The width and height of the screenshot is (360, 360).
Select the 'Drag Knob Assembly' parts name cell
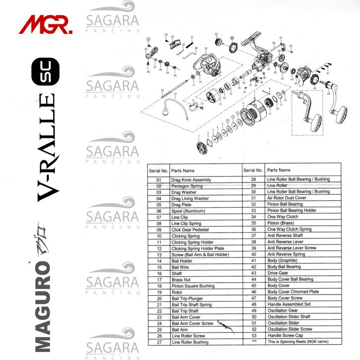(191, 180)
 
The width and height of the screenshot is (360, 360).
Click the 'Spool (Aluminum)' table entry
(184, 211)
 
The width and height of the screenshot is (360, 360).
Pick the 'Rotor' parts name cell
(177, 292)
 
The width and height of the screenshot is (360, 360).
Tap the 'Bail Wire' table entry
(180, 267)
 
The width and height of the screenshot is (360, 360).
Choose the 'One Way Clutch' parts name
(281, 217)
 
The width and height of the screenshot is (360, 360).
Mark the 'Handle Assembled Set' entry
(289, 304)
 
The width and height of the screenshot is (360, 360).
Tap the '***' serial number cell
(253, 342)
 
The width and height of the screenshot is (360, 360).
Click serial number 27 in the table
(159, 342)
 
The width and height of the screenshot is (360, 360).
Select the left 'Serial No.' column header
(159, 170)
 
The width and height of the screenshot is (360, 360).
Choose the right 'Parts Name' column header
(279, 170)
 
